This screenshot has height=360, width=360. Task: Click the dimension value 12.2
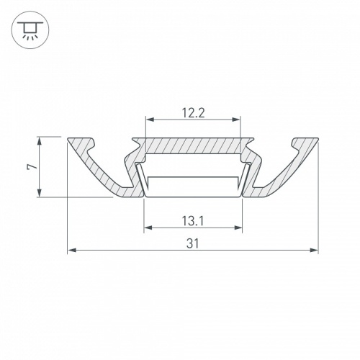193,112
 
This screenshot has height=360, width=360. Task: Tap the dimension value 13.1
193,222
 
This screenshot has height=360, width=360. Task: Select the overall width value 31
193,244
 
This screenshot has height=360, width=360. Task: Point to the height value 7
30,166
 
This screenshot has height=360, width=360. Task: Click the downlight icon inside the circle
27,30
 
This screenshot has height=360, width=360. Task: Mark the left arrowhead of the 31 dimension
71,251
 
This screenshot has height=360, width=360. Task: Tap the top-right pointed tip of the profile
317,138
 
